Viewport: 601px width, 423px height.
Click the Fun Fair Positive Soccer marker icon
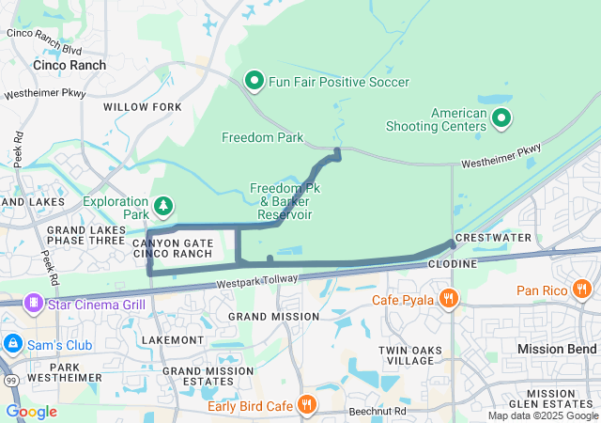[x=254, y=82]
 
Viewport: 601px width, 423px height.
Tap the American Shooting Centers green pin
[x=501, y=117]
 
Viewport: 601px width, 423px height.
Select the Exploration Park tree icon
[x=163, y=205]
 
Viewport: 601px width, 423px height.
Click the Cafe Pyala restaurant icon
[x=449, y=300]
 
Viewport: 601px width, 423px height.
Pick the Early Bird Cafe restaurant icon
[x=305, y=405]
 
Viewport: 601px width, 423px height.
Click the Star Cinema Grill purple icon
[x=34, y=304]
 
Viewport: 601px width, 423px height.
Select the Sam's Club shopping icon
[x=14, y=345]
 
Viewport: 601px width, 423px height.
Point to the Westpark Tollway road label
[x=255, y=281]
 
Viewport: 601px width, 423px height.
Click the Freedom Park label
[x=263, y=137]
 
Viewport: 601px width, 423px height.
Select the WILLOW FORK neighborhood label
[x=142, y=107]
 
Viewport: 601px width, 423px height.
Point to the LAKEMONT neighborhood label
[x=172, y=338]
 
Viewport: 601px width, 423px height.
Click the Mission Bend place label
[x=558, y=349]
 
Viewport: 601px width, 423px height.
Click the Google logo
[x=32, y=411]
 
